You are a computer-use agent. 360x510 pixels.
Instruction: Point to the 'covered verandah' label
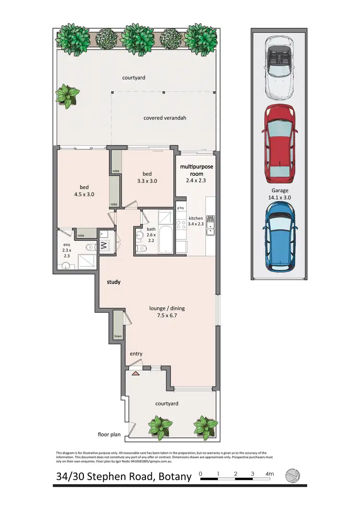point(165,118)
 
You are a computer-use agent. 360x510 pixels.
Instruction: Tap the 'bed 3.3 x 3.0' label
point(147,177)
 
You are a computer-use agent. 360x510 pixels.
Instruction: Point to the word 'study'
point(113,282)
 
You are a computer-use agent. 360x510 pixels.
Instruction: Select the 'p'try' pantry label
point(181,208)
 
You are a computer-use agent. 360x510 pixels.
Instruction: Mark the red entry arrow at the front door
point(136,372)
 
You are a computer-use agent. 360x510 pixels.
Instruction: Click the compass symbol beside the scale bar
point(293,476)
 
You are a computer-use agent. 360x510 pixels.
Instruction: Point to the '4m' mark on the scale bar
point(269,474)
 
